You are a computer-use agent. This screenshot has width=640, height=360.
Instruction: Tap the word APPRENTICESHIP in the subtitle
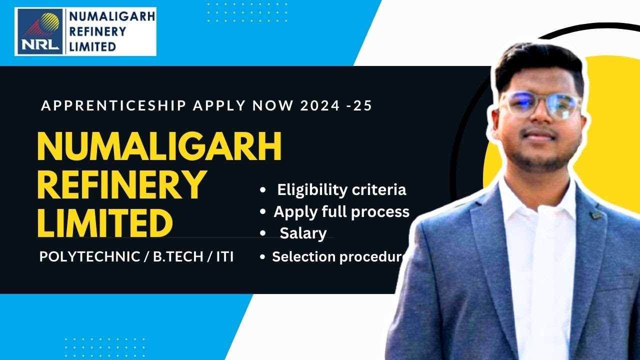click(113, 106)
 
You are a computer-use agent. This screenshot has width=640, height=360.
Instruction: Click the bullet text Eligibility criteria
click(341, 190)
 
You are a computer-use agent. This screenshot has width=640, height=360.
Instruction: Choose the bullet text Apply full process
click(341, 212)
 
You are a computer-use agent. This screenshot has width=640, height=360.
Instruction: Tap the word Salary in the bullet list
click(303, 233)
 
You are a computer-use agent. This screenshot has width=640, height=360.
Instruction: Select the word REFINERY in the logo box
click(97, 31)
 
